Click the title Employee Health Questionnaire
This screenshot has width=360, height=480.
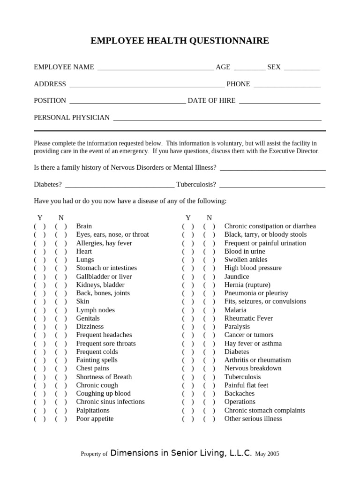click(180, 41)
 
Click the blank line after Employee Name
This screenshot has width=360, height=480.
click(155, 68)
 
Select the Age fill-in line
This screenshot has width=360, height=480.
click(249, 68)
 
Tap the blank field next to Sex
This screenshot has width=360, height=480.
click(301, 68)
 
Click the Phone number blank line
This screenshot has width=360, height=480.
click(286, 85)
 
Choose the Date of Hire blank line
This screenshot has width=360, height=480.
click(279, 102)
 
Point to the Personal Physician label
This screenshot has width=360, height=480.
click(72, 117)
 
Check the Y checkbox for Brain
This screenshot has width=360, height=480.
click(40, 226)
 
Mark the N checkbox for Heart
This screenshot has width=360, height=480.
click(61, 251)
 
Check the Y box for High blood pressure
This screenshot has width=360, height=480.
click(188, 268)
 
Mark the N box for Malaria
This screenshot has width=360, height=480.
click(209, 310)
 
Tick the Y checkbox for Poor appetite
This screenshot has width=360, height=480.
click(40, 419)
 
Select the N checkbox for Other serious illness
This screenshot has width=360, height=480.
click(209, 419)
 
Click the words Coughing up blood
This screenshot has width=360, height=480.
click(103, 393)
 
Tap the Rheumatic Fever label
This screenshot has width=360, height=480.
click(248, 318)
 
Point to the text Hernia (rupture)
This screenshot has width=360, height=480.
click(247, 285)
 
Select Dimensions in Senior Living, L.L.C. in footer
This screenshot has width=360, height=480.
click(181, 453)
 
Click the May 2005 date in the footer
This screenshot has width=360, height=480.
click(267, 454)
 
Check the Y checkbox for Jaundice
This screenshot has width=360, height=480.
click(188, 277)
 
